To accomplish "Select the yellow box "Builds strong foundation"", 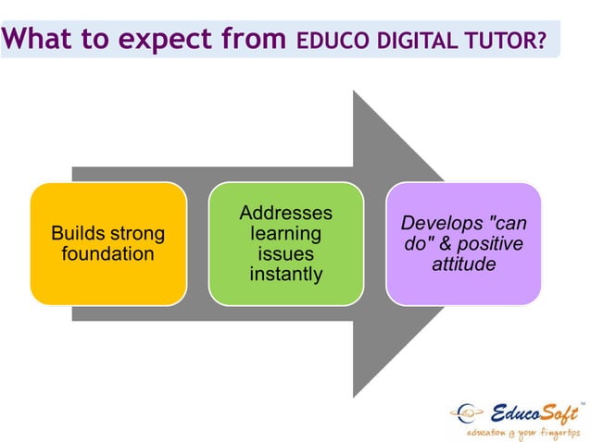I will pos(108,243).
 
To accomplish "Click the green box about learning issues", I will pos(285,243).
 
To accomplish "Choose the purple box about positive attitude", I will pos(463,243).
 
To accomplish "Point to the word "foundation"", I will pos(108,253).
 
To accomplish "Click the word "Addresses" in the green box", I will pos(285,214).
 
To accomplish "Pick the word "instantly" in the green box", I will pos(285,275).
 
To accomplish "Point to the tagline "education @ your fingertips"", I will pos(521,433).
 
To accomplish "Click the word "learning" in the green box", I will pos(285,234).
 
